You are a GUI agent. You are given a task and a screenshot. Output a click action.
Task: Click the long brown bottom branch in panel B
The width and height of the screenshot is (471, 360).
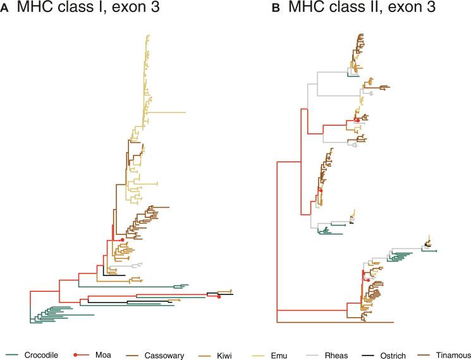pyautogui.click(x=335, y=322)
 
